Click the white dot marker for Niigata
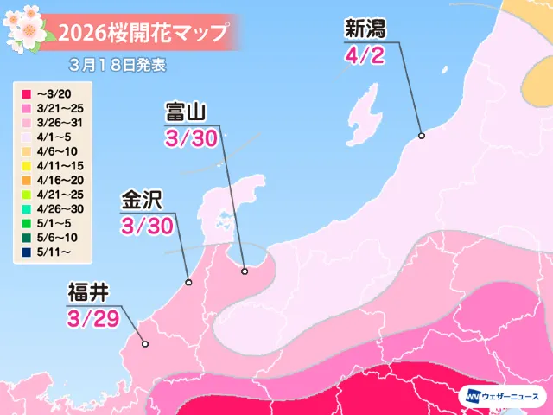[x=422, y=136]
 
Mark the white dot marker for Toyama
[x=245, y=271]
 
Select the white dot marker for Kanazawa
[x=189, y=282]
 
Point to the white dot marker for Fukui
[x=145, y=344]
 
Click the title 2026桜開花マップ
[x=143, y=34]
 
